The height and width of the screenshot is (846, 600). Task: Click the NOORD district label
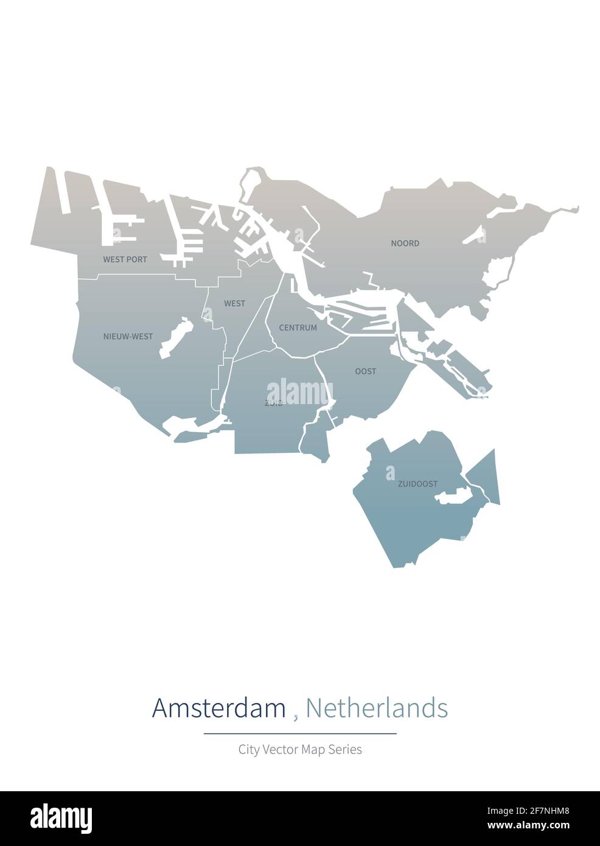pyautogui.click(x=405, y=243)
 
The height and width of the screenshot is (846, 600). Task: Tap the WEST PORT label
pyautogui.click(x=125, y=259)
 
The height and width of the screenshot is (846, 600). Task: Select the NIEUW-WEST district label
pyautogui.click(x=128, y=336)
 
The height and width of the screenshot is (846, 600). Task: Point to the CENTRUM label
pyautogui.click(x=298, y=327)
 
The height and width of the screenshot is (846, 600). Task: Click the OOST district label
pyautogui.click(x=366, y=371)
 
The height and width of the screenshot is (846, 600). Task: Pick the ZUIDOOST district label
pyautogui.click(x=417, y=484)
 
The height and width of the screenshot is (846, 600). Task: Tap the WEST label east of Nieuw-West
pyautogui.click(x=234, y=303)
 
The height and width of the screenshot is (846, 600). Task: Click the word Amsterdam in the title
pyautogui.click(x=218, y=708)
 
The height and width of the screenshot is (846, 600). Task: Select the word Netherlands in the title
pyautogui.click(x=377, y=708)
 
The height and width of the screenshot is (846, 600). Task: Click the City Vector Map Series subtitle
pyautogui.click(x=300, y=749)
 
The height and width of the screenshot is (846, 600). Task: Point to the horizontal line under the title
pyautogui.click(x=300, y=733)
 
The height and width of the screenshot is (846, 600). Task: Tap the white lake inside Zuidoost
pyautogui.click(x=453, y=497)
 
